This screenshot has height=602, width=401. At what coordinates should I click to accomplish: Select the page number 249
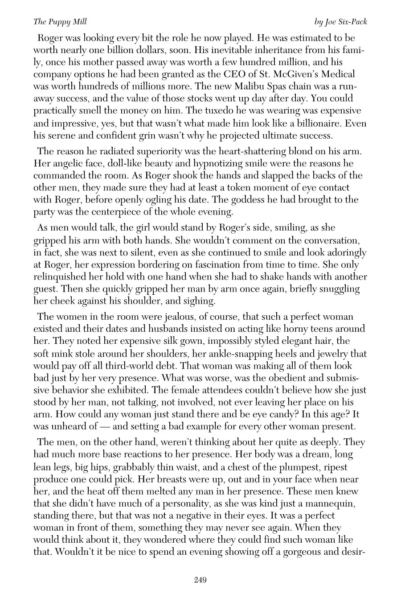click(x=200, y=580)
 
